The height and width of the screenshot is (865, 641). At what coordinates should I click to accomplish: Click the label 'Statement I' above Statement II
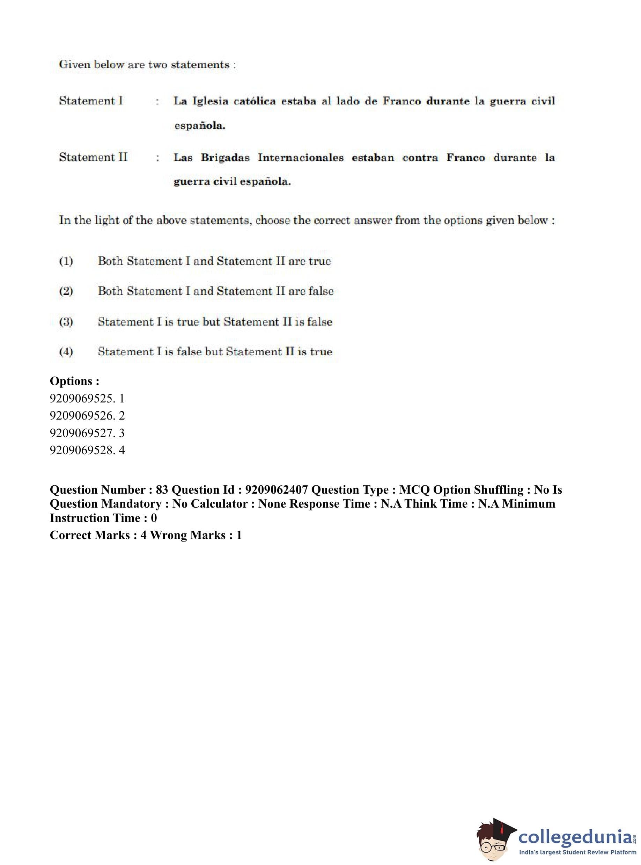(91, 101)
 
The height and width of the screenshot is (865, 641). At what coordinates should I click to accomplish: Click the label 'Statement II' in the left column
(93, 157)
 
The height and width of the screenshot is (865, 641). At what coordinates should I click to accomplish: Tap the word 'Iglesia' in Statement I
(210, 101)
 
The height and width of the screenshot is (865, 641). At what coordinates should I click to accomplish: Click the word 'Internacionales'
(301, 158)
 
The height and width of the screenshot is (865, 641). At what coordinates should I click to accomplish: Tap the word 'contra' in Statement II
(420, 158)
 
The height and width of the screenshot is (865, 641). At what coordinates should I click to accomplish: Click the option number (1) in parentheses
(66, 261)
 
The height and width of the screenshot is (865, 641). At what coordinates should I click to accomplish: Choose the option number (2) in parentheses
(66, 291)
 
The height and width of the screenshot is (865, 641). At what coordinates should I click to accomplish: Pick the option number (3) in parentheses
(66, 322)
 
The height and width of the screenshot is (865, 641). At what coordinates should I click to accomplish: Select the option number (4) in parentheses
(66, 352)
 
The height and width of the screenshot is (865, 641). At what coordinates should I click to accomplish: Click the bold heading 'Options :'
(74, 381)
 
